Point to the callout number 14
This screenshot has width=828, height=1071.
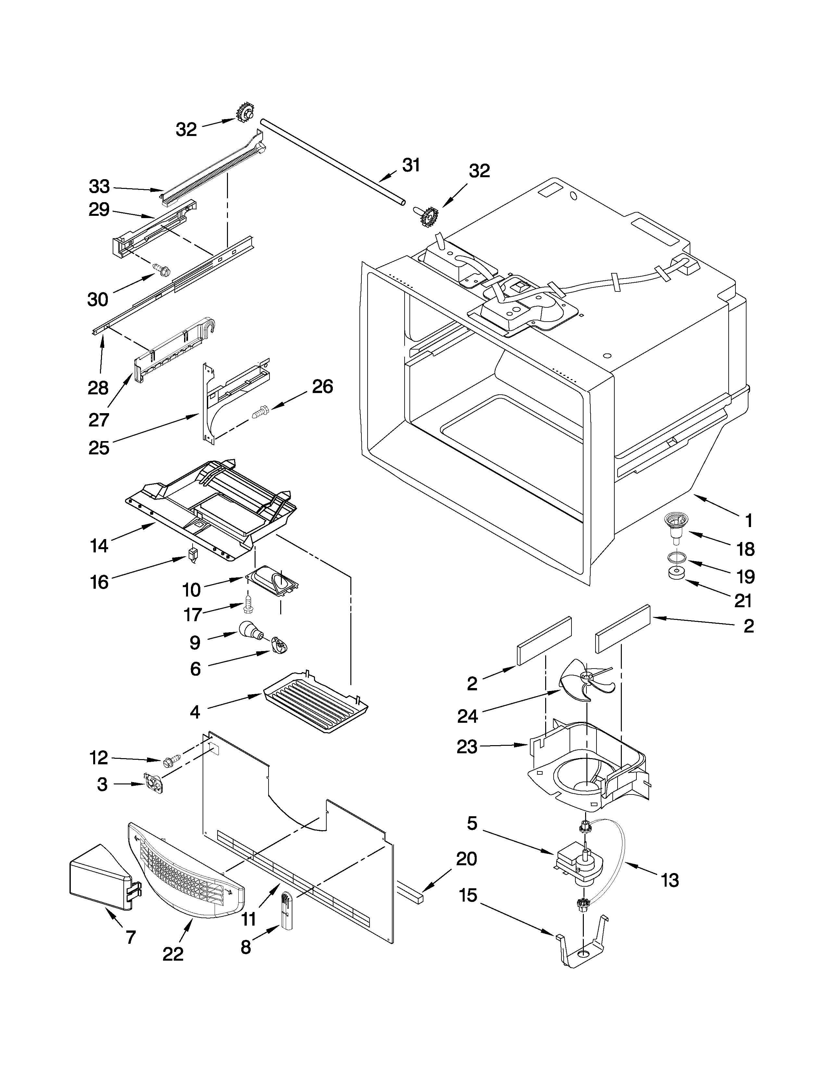(99, 545)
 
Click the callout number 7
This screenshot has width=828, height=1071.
(130, 938)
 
